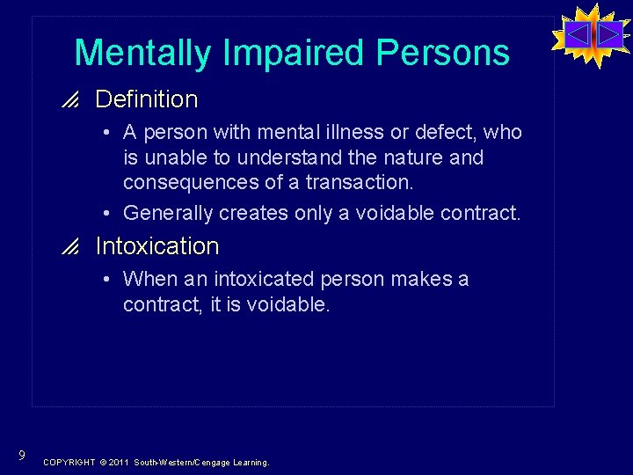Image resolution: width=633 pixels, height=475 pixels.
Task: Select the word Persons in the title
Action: point(443,54)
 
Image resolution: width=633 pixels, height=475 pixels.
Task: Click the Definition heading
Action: point(146,99)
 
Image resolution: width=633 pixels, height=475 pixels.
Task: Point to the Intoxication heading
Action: point(156,246)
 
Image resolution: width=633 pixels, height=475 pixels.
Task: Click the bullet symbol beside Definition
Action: point(73,100)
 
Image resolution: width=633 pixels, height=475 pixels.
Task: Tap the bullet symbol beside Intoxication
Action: point(73,247)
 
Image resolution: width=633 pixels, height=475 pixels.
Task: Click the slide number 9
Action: point(20,455)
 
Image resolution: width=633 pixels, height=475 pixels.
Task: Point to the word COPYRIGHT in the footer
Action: point(69,462)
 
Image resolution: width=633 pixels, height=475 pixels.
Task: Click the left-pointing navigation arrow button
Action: point(578,35)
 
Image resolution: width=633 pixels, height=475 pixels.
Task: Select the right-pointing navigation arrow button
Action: point(608,35)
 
